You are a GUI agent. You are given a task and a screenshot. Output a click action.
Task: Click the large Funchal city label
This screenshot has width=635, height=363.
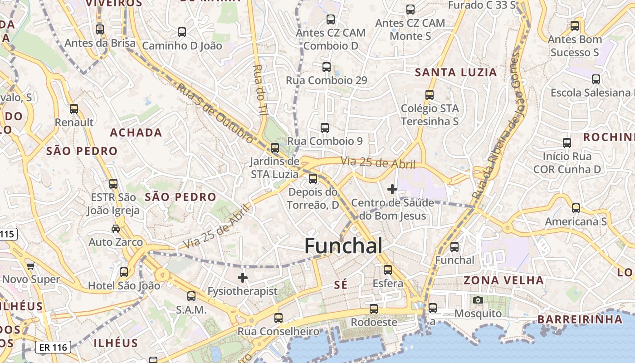pyautogui.click(x=343, y=246)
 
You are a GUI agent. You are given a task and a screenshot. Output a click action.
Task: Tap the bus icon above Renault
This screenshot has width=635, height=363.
pyautogui.click(x=74, y=109)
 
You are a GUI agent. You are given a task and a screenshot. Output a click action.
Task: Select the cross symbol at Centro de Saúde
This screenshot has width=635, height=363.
pyautogui.click(x=392, y=189)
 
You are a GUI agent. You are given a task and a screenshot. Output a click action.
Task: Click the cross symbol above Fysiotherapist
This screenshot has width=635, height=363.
pyautogui.click(x=243, y=277)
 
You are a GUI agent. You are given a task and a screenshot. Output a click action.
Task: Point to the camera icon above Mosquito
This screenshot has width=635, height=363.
pyautogui.click(x=478, y=300)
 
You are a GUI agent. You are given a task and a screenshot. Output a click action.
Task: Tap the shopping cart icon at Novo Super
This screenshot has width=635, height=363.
pyautogui.click(x=30, y=266)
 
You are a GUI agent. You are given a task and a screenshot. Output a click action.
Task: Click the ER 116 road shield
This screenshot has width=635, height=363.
pyautogui.click(x=54, y=348)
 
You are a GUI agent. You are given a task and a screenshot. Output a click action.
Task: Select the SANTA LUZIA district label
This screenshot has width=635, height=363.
pyautogui.click(x=456, y=72)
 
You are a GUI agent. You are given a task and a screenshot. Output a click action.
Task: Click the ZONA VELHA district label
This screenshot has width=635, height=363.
pyautogui.click(x=503, y=280)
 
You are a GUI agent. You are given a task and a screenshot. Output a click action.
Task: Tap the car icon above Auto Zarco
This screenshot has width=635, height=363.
pyautogui.click(x=116, y=229)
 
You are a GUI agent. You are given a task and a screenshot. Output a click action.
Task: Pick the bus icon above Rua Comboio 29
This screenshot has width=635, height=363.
pyautogui.click(x=326, y=67)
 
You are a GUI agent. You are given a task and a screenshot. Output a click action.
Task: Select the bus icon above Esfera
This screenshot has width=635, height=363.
pyautogui.click(x=388, y=270)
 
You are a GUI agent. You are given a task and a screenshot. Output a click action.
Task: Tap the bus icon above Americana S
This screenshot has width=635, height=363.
pyautogui.click(x=576, y=208)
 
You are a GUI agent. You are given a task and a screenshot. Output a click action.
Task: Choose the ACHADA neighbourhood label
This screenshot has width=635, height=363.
pyautogui.click(x=136, y=132)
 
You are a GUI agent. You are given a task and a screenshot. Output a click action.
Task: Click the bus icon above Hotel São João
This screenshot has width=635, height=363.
pyautogui.click(x=123, y=272)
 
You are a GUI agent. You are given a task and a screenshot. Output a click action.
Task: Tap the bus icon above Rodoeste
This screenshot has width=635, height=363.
pyautogui.click(x=373, y=309)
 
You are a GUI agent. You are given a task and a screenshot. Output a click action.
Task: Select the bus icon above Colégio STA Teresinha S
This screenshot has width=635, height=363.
pyautogui.click(x=429, y=95)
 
